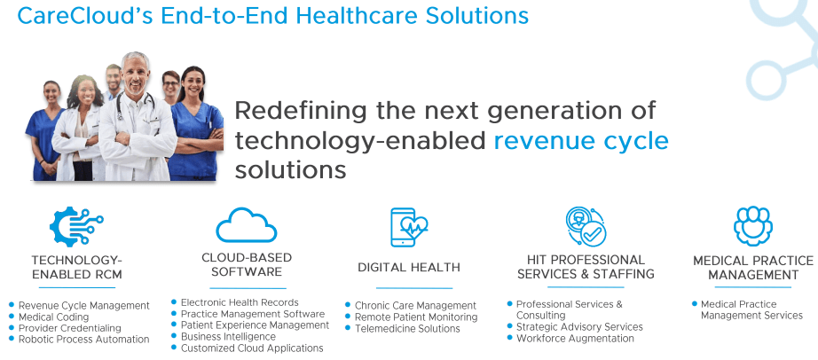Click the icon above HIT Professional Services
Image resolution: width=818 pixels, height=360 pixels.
(586, 227)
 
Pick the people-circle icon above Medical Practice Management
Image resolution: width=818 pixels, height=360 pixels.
(752, 226)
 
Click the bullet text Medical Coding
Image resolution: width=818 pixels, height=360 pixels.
(54, 317)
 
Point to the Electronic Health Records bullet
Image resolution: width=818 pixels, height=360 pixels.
(240, 303)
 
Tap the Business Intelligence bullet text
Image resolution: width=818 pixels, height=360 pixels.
(228, 337)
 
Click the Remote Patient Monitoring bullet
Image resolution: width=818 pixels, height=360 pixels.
(416, 317)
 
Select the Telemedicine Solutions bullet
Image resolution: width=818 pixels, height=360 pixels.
(407, 328)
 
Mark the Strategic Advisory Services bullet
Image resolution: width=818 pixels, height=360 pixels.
(579, 326)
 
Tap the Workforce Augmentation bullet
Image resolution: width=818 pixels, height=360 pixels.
(573, 338)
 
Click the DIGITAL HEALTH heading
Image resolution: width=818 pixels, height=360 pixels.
(409, 267)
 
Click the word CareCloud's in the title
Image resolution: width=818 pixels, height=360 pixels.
(71, 16)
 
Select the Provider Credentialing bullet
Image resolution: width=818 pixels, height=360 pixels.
(70, 328)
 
